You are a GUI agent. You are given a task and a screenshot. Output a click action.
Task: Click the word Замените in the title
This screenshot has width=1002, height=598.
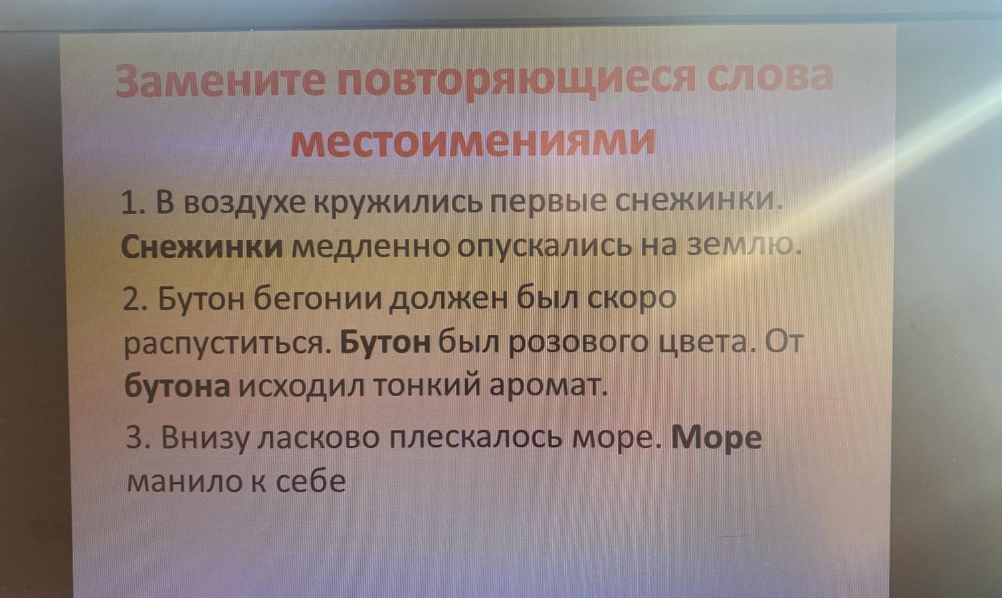(220, 81)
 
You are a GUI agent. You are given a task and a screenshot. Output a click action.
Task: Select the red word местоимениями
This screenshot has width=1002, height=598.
(473, 143)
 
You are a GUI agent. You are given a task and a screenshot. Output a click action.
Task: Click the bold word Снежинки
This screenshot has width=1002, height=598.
(202, 247)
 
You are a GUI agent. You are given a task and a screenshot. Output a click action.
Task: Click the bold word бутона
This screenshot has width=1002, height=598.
(177, 385)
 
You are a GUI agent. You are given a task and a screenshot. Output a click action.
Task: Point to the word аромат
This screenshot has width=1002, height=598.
(548, 385)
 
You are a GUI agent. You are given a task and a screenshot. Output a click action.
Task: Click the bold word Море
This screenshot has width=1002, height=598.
(716, 438)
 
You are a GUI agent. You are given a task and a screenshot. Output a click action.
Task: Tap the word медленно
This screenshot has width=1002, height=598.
(371, 248)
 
